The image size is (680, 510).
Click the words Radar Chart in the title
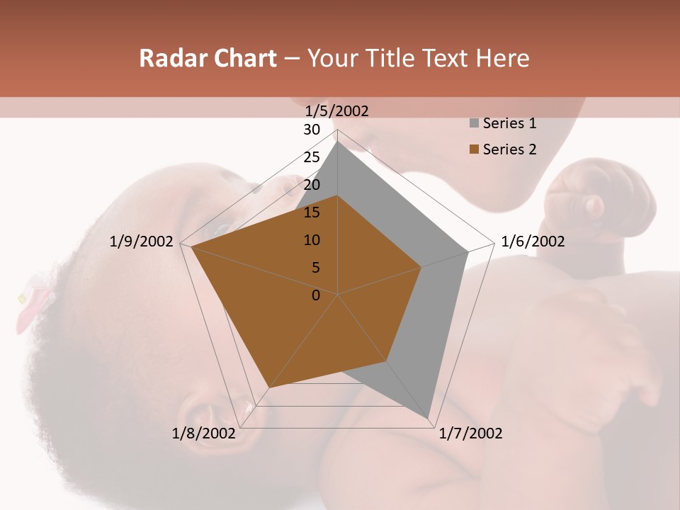[208, 59]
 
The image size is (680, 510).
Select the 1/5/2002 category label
[337, 110]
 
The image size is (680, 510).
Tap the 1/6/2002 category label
[533, 242]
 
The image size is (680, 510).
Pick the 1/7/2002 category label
[470, 433]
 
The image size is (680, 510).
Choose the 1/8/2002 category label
[203, 433]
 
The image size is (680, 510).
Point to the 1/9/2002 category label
[142, 242]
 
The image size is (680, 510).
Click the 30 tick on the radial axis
[312, 130]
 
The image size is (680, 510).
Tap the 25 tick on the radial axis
[312, 157]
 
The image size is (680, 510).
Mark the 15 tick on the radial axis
[312, 212]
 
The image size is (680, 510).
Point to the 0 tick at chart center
[316, 295]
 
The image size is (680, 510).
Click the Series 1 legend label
[509, 123]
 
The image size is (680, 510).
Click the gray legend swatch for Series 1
[474, 124]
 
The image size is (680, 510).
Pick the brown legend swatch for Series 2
[474, 149]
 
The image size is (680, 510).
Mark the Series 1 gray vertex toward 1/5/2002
[338, 141]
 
